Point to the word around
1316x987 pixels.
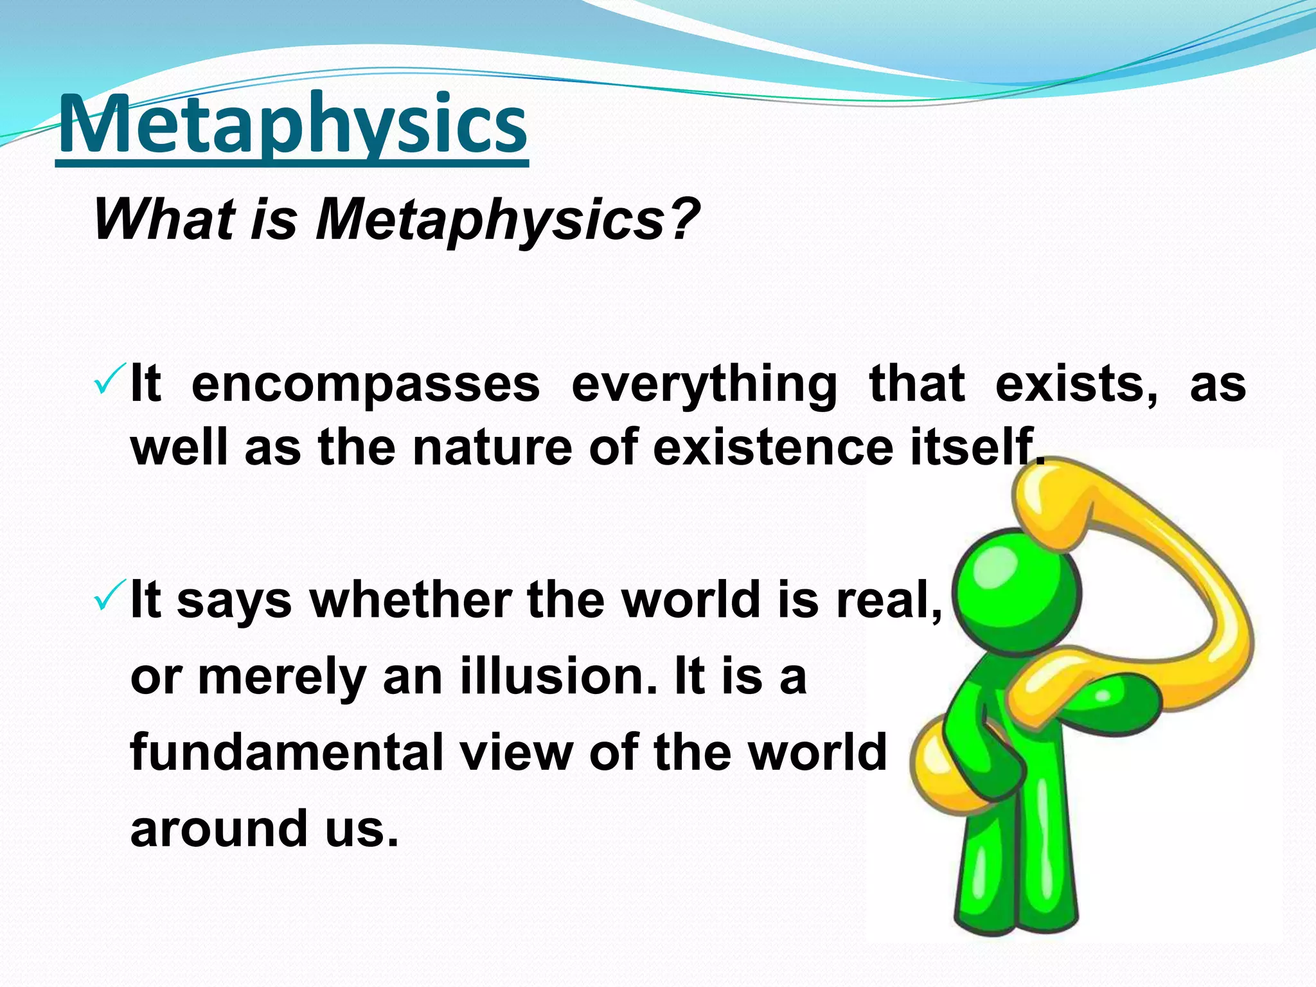(x=218, y=828)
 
